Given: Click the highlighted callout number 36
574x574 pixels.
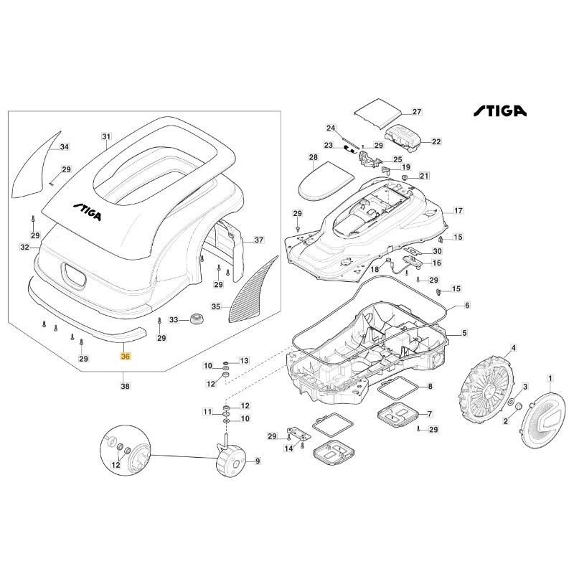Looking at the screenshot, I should click(126, 356).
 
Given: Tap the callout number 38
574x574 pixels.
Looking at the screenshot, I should click(126, 385).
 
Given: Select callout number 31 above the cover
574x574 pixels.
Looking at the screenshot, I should click(107, 136).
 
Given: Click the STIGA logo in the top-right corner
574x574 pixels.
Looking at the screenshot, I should click(499, 111).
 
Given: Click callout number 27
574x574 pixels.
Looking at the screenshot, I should click(416, 112).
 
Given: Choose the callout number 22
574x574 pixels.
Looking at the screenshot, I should click(436, 142).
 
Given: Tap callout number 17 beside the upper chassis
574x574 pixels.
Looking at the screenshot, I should click(458, 211).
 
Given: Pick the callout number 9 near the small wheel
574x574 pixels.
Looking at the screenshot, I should click(258, 461).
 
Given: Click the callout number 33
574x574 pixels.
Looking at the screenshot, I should click(174, 319).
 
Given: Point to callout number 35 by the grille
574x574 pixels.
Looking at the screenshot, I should click(216, 306).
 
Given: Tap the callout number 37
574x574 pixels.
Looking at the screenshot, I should click(259, 241).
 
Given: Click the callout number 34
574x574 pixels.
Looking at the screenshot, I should click(65, 147).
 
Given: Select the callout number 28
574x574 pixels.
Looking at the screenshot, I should click(313, 157).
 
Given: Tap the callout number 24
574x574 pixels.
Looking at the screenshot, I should click(331, 128).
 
